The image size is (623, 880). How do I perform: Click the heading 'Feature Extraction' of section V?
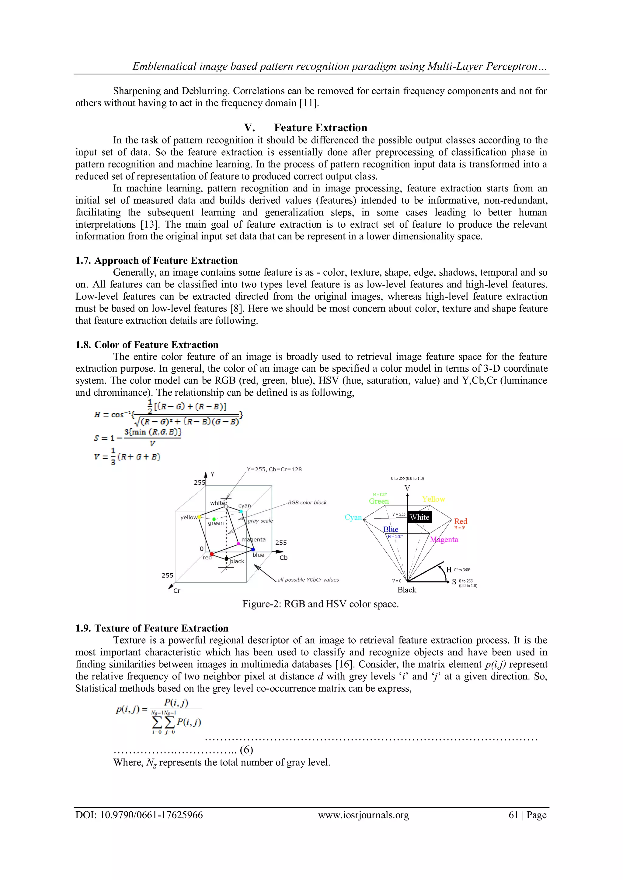click(x=320, y=128)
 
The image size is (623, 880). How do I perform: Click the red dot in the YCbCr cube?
click(x=212, y=554)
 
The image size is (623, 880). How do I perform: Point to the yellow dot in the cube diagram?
click(x=199, y=517)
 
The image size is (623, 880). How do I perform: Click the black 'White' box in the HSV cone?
click(x=419, y=517)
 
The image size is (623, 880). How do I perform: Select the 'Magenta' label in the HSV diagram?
click(x=444, y=539)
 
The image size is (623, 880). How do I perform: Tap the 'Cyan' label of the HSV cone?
click(x=353, y=517)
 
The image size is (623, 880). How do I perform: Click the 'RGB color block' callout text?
click(x=307, y=503)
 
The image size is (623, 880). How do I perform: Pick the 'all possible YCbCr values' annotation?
click(x=308, y=579)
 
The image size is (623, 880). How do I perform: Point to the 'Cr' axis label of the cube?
click(x=176, y=591)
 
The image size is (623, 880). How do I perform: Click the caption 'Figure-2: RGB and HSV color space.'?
click(x=320, y=604)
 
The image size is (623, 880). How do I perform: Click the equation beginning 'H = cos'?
click(x=168, y=414)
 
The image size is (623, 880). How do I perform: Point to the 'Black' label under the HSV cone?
click(x=407, y=590)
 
